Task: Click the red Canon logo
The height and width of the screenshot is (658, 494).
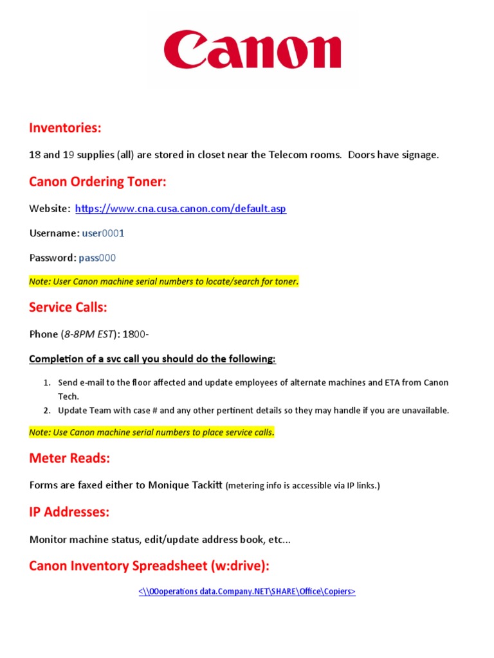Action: click(252, 51)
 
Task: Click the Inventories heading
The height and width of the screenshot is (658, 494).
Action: click(65, 128)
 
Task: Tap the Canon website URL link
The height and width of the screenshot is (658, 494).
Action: click(181, 209)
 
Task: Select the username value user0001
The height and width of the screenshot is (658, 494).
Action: click(103, 233)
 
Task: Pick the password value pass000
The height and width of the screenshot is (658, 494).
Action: click(97, 258)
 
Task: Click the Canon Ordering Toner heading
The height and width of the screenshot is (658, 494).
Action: click(97, 182)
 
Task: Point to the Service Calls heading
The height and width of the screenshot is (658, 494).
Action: click(68, 307)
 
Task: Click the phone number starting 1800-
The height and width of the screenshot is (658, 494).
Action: click(136, 334)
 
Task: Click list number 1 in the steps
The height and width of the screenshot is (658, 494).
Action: click(47, 382)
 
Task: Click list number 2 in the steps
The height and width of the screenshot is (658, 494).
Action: click(47, 411)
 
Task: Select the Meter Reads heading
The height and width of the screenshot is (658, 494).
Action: click(69, 458)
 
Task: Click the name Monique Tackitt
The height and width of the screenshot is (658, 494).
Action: click(185, 485)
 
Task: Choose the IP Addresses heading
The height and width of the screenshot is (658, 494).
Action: click(69, 512)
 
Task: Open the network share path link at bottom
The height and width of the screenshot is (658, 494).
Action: click(247, 592)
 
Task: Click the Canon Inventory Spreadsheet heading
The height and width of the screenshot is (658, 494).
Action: click(149, 566)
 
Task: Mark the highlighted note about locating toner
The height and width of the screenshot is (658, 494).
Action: click(164, 281)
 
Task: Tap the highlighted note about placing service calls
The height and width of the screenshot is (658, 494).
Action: click(152, 432)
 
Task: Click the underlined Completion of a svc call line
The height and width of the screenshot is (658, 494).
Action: click(152, 359)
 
